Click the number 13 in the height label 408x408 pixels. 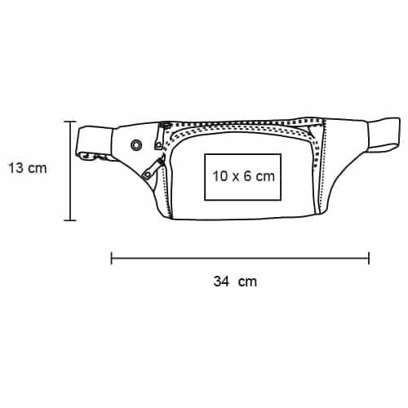point(16,168)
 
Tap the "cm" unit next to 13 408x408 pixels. point(38,169)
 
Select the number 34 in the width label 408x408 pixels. point(221,282)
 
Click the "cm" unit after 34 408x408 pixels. point(247,282)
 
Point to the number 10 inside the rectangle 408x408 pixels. point(220,176)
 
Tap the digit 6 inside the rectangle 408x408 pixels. point(247,176)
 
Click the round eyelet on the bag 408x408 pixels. point(135,145)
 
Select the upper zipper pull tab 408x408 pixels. point(158,143)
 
